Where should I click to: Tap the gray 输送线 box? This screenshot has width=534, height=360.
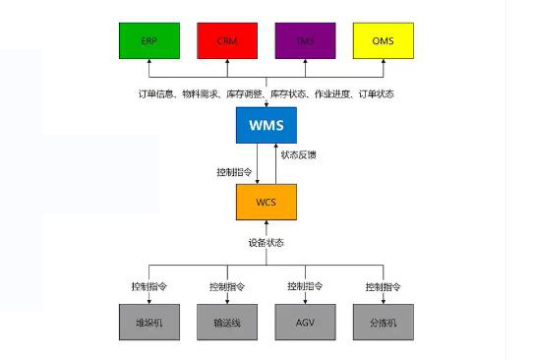[x=226, y=322]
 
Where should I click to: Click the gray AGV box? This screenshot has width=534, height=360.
[x=304, y=322]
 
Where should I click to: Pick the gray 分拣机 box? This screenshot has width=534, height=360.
[x=383, y=322]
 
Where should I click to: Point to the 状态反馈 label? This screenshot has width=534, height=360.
[x=298, y=155]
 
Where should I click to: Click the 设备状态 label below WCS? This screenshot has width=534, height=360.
[x=266, y=242]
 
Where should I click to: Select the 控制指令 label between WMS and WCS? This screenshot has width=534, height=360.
[x=233, y=171]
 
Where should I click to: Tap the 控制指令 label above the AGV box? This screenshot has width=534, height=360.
[x=304, y=286]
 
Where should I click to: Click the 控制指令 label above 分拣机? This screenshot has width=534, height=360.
[x=383, y=286]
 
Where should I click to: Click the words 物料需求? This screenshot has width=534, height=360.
[x=199, y=93]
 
